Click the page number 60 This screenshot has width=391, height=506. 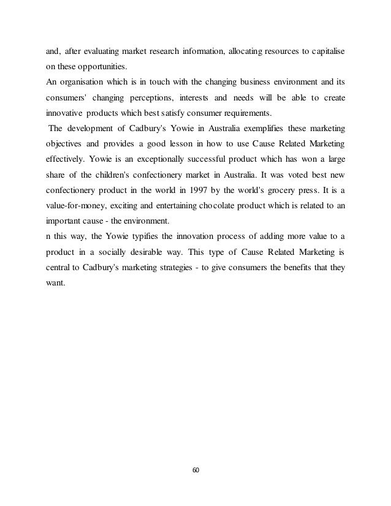(195, 470)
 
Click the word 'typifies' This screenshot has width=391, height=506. (136, 236)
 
